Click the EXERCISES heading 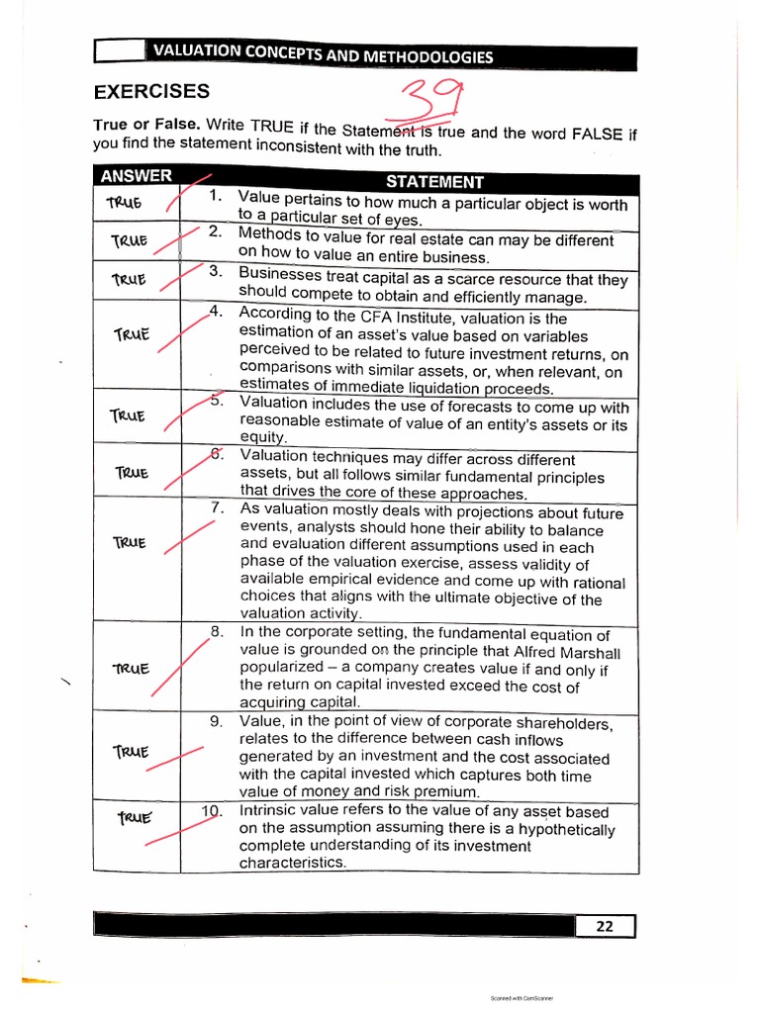[151, 92]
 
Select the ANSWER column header [135, 177]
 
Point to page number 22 [604, 926]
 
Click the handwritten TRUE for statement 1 [125, 203]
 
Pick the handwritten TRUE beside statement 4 [131, 334]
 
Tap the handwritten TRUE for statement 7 [130, 543]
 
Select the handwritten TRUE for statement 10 [135, 818]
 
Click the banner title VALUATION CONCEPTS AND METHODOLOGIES [322, 55]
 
